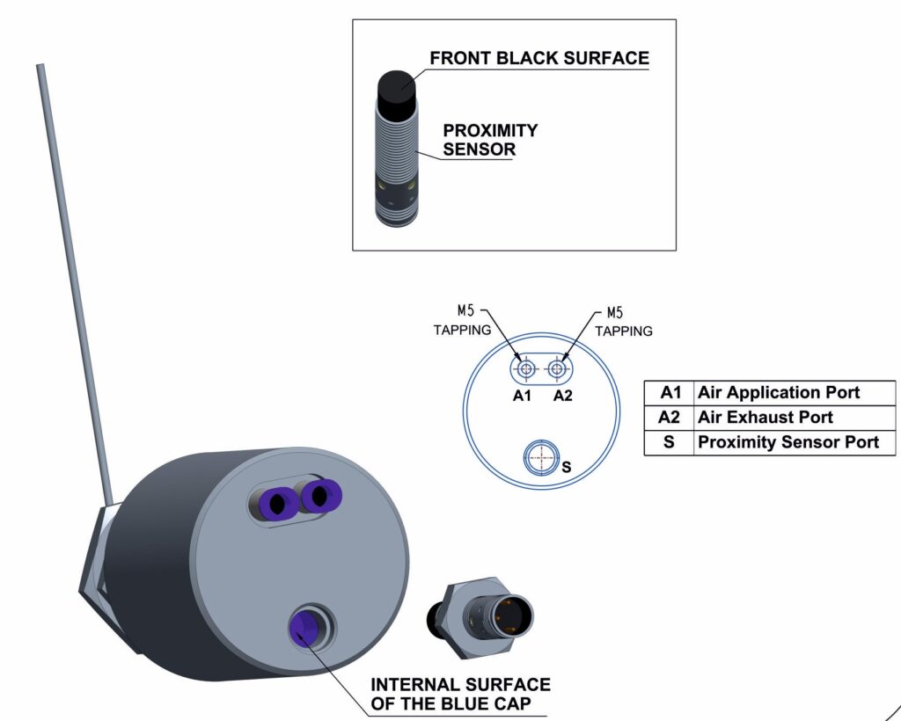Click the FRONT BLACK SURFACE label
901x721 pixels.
tap(538, 59)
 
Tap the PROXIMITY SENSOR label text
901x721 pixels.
tap(490, 140)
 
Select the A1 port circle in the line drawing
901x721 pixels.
tap(525, 368)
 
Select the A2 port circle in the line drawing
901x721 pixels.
tap(556, 368)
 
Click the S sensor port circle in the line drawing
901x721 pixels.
tap(539, 456)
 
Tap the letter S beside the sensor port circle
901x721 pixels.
tap(566, 467)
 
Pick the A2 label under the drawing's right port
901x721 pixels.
tap(563, 396)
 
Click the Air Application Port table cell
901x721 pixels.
tap(778, 392)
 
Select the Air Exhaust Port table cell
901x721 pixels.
tap(765, 417)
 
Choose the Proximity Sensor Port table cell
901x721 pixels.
tap(787, 442)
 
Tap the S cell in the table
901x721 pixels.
tap(669, 442)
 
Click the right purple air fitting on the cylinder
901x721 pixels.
tap(319, 497)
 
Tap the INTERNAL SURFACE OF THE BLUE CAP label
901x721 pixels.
tap(459, 693)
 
